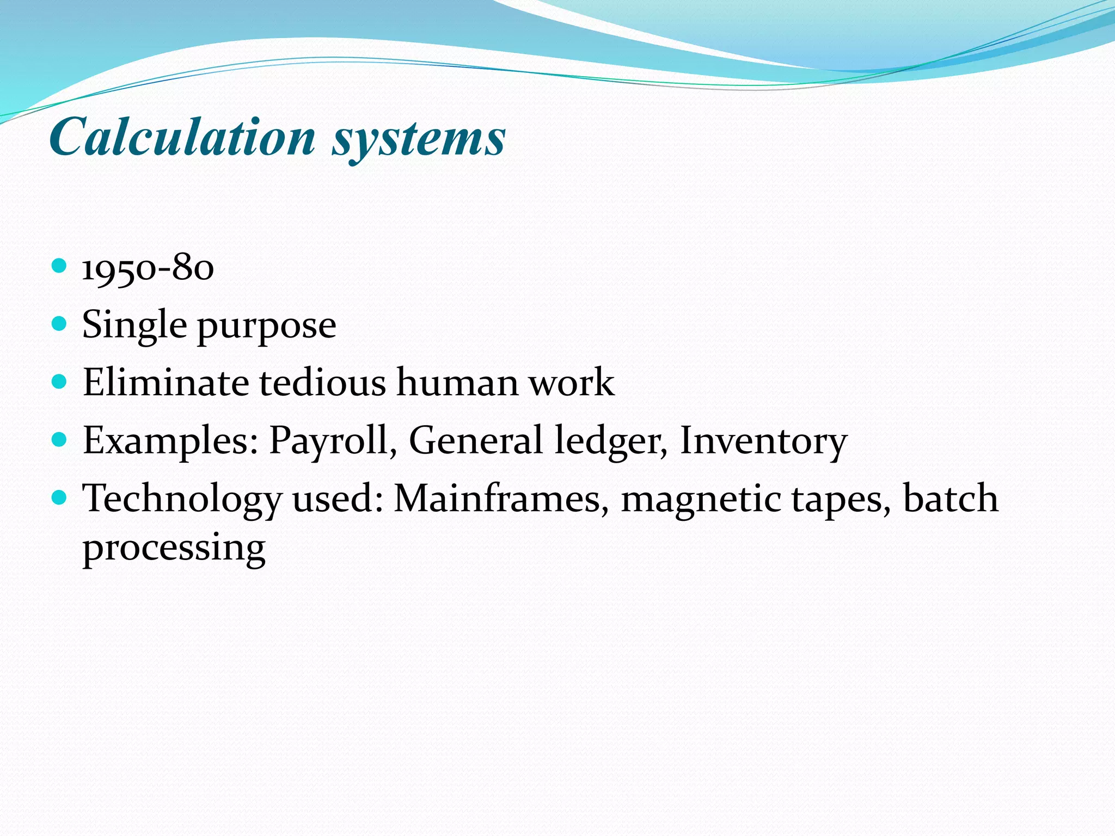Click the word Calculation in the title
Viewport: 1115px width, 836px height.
pos(183,137)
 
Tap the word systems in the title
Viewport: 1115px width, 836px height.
pos(419,139)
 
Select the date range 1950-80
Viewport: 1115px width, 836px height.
pos(148,268)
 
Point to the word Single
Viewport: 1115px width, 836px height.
pos(134,325)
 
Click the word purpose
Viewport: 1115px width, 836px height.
pos(266,327)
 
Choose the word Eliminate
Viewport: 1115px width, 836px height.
pos(166,382)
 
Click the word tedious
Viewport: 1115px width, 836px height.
pos(322,382)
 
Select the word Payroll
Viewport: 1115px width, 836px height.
pos(332,440)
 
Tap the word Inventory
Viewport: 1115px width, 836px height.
pos(763,441)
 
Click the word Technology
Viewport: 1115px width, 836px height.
pos(182,500)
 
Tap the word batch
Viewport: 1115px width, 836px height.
pos(951,499)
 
